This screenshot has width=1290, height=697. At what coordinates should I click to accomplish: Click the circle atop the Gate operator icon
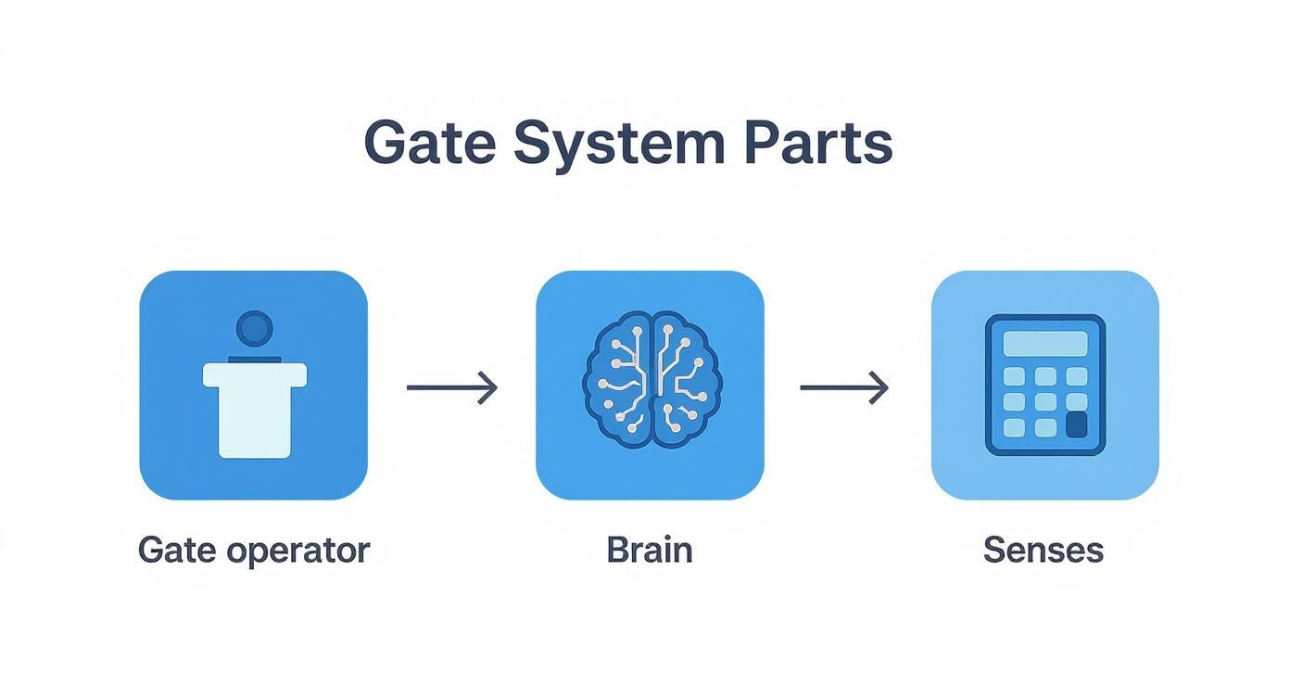click(x=255, y=329)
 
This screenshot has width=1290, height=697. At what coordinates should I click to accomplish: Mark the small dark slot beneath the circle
click(x=255, y=358)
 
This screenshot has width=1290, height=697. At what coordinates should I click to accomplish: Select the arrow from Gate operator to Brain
click(x=452, y=387)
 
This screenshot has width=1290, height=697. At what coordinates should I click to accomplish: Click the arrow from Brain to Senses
click(x=844, y=387)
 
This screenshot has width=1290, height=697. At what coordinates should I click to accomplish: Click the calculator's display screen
click(x=1045, y=343)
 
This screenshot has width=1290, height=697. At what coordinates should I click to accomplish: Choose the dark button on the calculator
click(x=1076, y=425)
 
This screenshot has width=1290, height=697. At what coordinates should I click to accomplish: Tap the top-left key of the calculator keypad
click(x=1015, y=376)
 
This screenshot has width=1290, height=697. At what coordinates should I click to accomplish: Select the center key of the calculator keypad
click(x=1045, y=401)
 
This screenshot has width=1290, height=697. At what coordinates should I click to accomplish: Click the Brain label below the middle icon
click(x=650, y=550)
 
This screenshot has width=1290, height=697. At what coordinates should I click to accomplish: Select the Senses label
click(x=1043, y=550)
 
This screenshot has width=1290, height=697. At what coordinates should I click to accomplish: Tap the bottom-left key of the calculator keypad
click(x=1015, y=427)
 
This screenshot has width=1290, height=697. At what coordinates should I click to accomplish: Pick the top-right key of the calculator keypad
click(x=1076, y=376)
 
